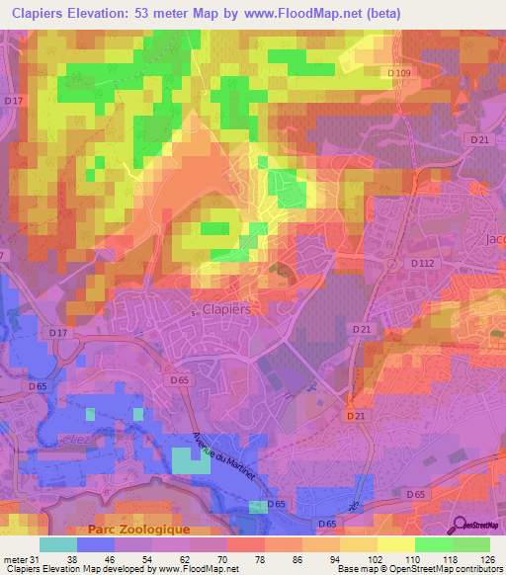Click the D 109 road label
399,74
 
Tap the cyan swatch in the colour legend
58,543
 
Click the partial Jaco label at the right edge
494,240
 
